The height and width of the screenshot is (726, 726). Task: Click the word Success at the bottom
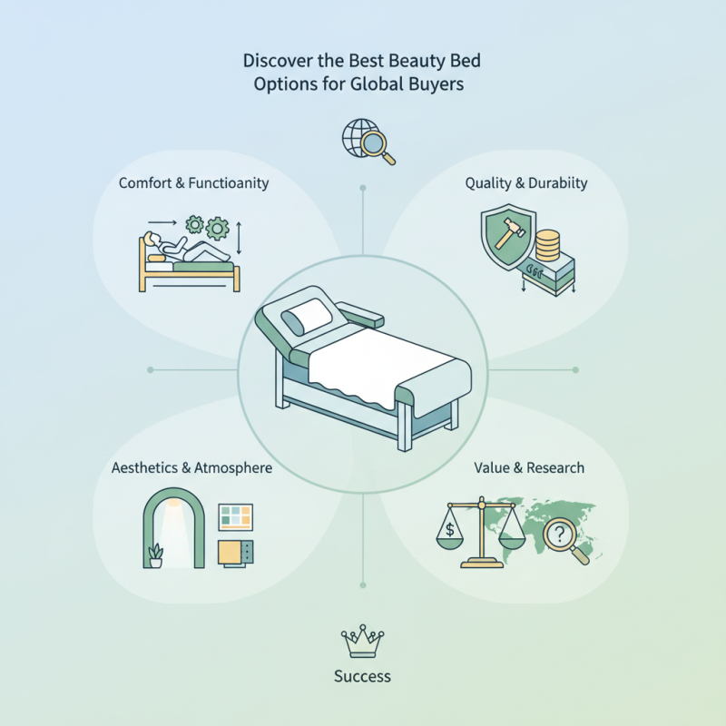click(x=362, y=676)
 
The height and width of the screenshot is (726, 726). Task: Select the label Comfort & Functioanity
click(x=194, y=183)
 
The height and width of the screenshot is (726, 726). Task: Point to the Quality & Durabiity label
click(x=526, y=183)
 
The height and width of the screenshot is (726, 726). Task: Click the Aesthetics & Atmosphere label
click(x=191, y=468)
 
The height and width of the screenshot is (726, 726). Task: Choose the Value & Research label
click(x=529, y=468)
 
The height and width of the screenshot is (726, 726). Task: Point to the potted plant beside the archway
click(x=156, y=555)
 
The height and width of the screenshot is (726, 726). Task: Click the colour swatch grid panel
click(x=236, y=518)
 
